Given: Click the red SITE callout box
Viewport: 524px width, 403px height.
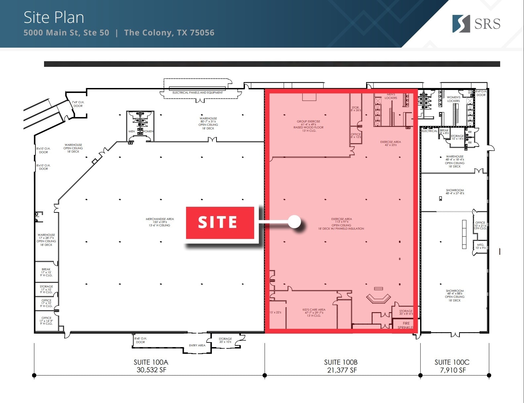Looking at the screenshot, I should click(220, 222).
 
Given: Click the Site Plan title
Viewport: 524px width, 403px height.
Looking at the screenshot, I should click(54, 18).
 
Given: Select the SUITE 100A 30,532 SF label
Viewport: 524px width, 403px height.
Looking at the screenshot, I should click(151, 366).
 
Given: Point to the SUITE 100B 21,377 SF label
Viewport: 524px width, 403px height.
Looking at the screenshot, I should click(341, 366).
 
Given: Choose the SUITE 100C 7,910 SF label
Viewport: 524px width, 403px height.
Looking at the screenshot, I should click(452, 366).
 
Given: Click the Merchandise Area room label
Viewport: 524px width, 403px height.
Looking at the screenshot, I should click(160, 222).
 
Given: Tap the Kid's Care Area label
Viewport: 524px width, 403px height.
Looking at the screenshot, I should click(314, 313).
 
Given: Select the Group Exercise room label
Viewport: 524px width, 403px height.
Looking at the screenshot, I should click(309, 126).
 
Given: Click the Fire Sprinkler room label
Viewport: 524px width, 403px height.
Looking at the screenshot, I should click(406, 325).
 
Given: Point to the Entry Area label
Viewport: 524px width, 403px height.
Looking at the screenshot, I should click(197, 345).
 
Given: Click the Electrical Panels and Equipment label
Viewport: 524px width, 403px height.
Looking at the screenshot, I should click(198, 93).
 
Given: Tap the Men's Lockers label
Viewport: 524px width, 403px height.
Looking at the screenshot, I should click(391, 96).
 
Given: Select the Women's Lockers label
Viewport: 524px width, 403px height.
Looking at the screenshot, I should click(453, 99).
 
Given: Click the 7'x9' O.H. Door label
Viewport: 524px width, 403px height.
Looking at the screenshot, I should click(78, 104).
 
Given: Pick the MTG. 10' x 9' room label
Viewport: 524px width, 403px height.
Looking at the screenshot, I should click(481, 246).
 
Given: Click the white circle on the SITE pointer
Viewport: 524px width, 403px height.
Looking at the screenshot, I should click(294, 222).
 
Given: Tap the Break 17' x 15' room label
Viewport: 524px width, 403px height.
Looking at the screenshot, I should click(46, 272).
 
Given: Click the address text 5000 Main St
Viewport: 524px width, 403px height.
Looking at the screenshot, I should click(66, 33).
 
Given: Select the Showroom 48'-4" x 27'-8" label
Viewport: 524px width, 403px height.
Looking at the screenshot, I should click(455, 192).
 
